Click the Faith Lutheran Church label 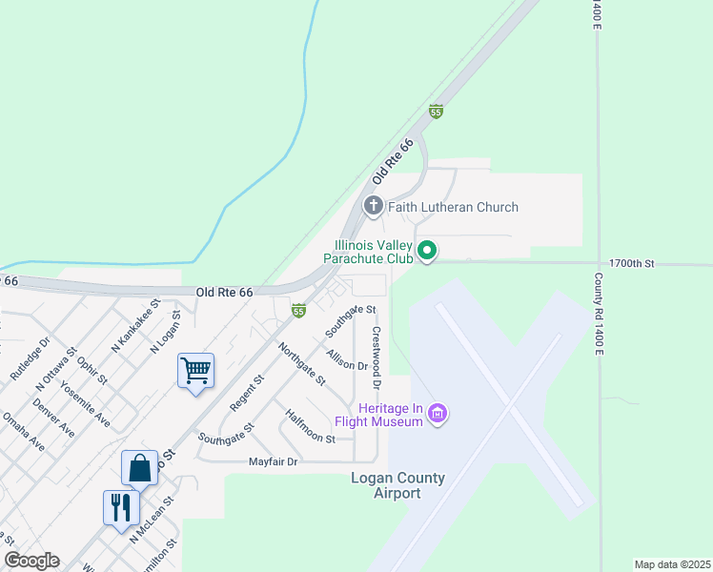(x=453, y=207)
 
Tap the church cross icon (x=373, y=206)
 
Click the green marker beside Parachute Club (x=427, y=252)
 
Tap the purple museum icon (x=438, y=414)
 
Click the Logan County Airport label (x=398, y=485)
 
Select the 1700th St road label (x=632, y=262)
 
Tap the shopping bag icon (x=139, y=468)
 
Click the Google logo (x=31, y=561)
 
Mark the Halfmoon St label (x=310, y=427)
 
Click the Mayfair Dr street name (x=274, y=462)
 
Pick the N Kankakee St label (x=132, y=332)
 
